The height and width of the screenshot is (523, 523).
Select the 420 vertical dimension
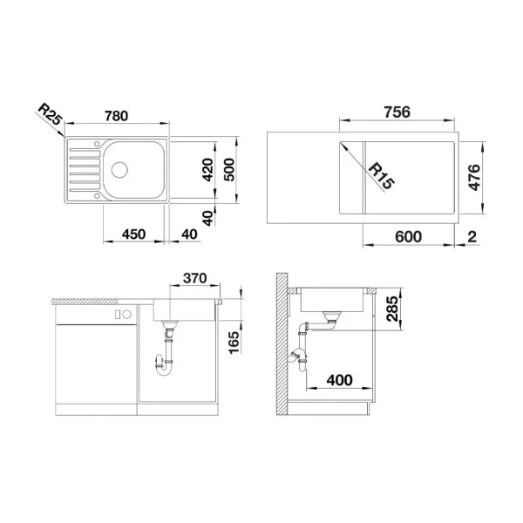(207, 170)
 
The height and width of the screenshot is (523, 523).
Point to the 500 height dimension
(231, 170)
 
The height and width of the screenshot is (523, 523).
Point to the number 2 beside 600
(471, 236)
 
